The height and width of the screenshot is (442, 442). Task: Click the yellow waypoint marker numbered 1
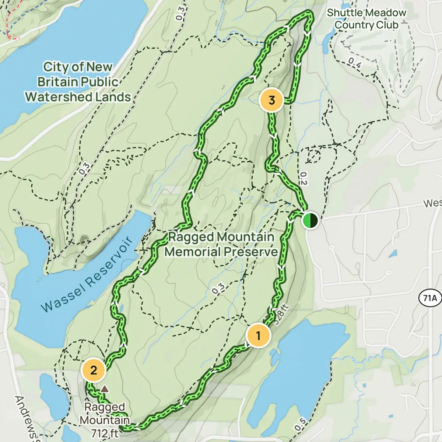tap(258, 336)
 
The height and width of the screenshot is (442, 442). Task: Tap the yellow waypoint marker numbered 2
tap(94, 370)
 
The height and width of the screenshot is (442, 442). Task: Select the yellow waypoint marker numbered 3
tap(271, 100)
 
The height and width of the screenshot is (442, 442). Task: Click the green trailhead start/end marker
tap(310, 221)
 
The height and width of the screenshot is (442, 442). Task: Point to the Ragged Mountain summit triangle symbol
tap(105, 389)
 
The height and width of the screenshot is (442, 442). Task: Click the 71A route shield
tap(429, 297)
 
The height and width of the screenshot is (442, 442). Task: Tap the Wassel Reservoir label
tap(87, 274)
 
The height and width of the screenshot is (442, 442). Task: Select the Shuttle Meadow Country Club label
tap(366, 19)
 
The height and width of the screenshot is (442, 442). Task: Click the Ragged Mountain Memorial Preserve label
tap(221, 244)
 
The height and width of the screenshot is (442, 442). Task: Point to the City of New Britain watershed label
tap(78, 82)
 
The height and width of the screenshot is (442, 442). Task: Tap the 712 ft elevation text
tap(105, 433)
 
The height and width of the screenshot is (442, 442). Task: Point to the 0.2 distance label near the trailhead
tap(302, 178)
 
